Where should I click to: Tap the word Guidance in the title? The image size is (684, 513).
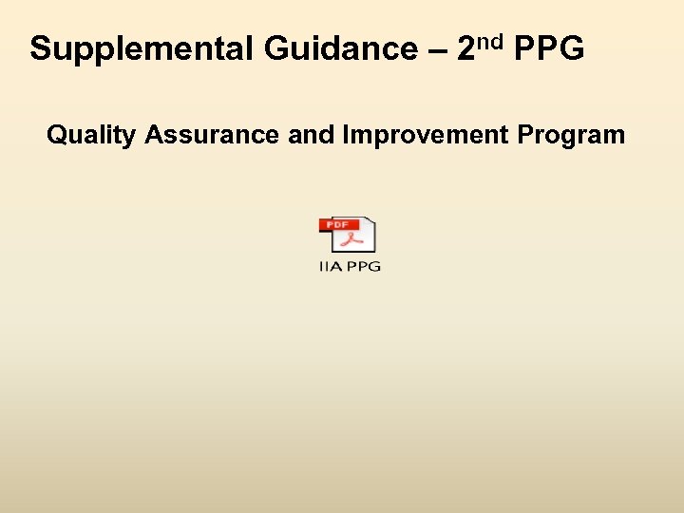[x=326, y=48]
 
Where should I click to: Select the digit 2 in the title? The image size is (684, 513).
[x=466, y=48]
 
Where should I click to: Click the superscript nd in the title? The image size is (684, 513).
[x=491, y=42]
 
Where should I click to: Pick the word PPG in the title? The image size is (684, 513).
[x=549, y=48]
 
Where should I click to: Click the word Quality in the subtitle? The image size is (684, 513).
[x=91, y=136]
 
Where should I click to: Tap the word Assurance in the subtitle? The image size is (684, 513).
[x=213, y=135]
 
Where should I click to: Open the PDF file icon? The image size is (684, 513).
[x=349, y=237]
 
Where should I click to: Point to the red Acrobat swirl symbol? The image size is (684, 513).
[x=351, y=240]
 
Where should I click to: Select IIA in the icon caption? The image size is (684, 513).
[x=329, y=267]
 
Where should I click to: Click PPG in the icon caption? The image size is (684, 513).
[x=362, y=267]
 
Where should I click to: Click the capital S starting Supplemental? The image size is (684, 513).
[x=40, y=48]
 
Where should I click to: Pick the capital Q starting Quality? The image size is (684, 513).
[x=56, y=135]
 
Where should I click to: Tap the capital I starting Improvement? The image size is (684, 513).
[x=347, y=135]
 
